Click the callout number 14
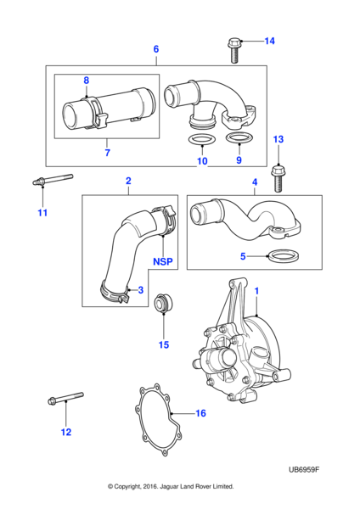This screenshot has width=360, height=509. pos(270,41)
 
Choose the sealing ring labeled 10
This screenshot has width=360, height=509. pos(201,139)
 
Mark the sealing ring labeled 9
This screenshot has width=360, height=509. pos(239,139)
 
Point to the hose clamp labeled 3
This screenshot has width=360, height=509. pos(114,294)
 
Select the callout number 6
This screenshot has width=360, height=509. pos(156,49)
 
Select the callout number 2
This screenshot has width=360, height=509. pos(128,181)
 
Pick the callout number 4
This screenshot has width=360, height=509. pos(255,182)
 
